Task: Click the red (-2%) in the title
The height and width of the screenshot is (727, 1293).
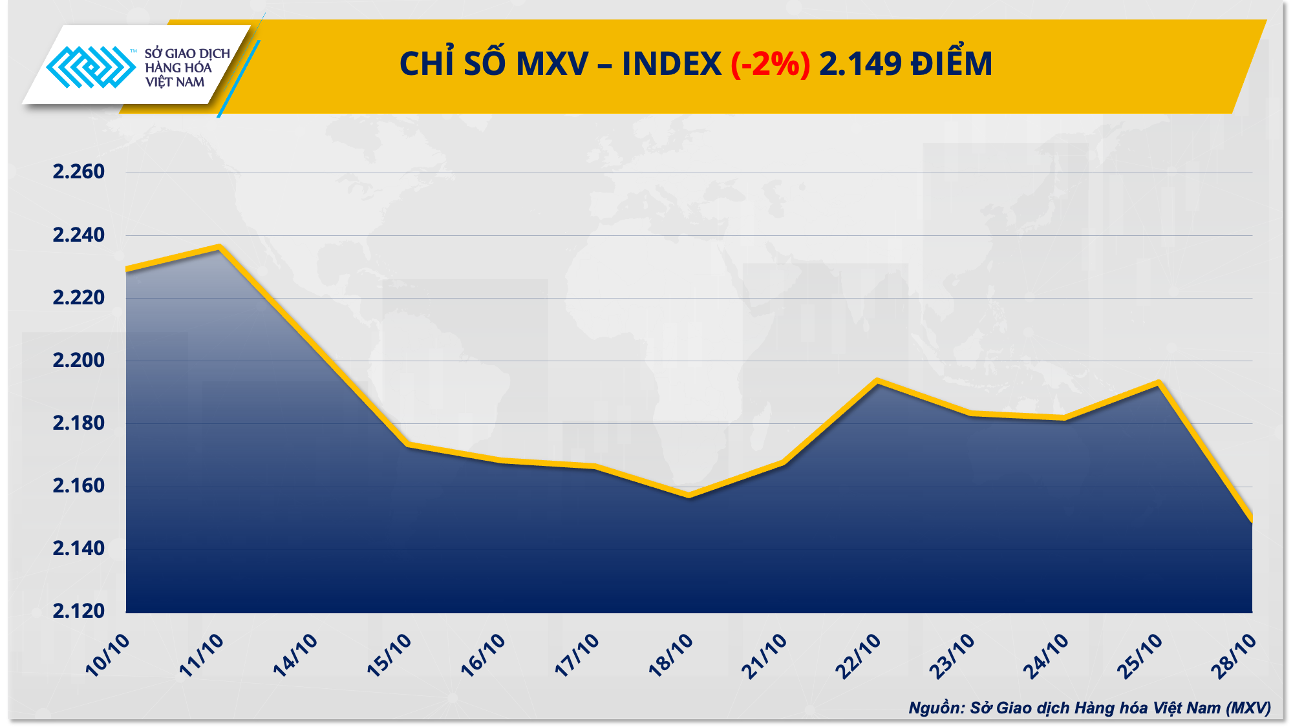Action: [x=770, y=64]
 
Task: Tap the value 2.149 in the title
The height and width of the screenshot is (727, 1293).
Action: [x=860, y=64]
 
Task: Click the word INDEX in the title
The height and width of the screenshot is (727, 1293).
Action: [x=671, y=64]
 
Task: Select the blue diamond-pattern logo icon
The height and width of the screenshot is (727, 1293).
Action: [x=91, y=67]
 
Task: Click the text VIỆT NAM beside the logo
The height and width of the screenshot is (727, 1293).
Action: [x=175, y=82]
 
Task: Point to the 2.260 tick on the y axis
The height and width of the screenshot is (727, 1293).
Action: [x=78, y=172]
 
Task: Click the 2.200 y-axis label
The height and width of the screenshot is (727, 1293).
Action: [x=78, y=360]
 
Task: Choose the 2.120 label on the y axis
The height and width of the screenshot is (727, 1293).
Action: [x=78, y=611]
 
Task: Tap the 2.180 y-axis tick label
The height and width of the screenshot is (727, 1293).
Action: [x=78, y=423]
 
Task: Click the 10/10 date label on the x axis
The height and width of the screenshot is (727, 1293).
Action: [x=107, y=655]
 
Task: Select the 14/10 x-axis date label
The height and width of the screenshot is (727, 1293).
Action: [x=295, y=655]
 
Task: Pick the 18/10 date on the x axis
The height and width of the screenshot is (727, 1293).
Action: [x=670, y=655]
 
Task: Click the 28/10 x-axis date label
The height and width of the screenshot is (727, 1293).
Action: [x=1234, y=656]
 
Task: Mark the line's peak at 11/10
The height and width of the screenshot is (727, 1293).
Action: [x=220, y=247]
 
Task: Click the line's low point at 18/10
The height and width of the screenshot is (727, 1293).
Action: [x=689, y=496]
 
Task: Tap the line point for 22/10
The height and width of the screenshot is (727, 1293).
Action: [x=877, y=381]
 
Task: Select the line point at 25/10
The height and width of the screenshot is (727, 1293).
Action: [x=1159, y=383]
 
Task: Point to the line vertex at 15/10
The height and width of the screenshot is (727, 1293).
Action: [x=407, y=444]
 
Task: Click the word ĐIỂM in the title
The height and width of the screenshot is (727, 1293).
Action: [x=951, y=64]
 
